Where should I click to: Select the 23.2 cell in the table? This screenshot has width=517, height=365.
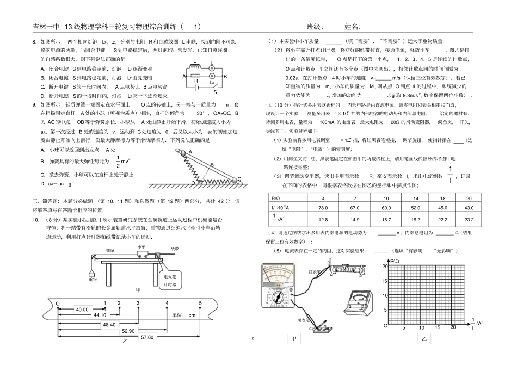(x=469, y=220)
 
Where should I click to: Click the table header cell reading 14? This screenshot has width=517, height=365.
(x=415, y=198)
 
